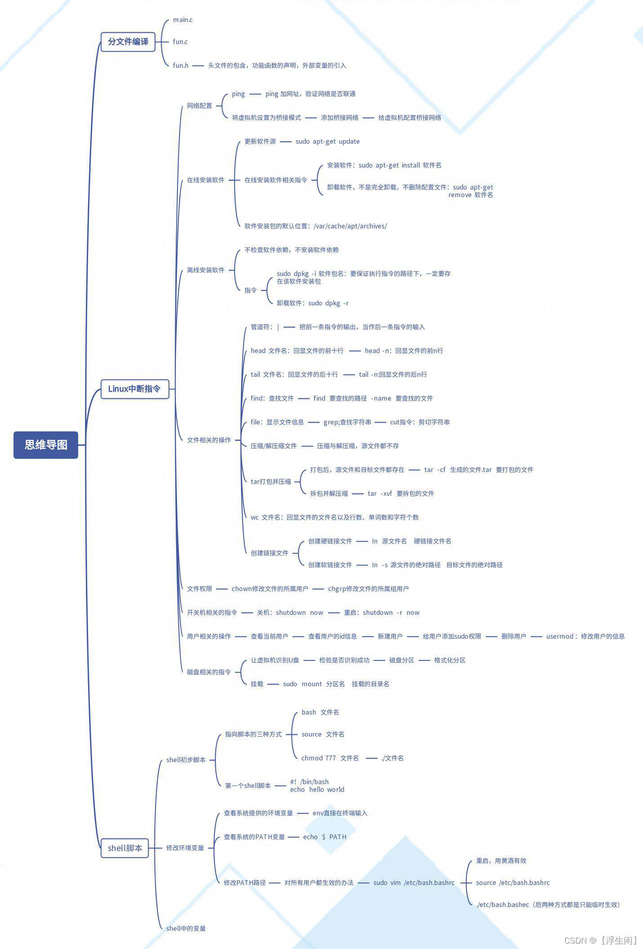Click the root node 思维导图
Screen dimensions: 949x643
coord(46,445)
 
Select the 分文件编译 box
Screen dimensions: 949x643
coord(128,42)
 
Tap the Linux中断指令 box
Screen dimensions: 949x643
coord(134,389)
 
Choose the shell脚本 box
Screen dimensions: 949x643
coord(125,848)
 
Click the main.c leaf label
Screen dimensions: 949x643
coord(182,20)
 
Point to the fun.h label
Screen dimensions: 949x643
coord(181,66)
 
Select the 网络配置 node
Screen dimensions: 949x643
coord(200,106)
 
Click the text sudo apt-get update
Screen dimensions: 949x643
coord(328,141)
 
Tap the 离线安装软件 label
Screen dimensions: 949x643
coord(206,270)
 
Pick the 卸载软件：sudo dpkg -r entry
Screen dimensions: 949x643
coord(313,303)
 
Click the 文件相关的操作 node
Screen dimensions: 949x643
coord(209,440)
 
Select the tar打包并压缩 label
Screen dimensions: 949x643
coord(271,481)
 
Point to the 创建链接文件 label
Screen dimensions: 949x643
coord(270,553)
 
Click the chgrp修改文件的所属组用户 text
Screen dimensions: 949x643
coord(368,589)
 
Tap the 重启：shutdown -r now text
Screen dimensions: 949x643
coord(382,613)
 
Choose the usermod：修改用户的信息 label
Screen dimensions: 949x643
coord(585,636)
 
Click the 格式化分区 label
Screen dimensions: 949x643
coord(450,660)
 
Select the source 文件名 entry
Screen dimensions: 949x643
coord(323,734)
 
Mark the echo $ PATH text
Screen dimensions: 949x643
coord(325,837)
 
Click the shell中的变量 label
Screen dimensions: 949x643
coord(186,928)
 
